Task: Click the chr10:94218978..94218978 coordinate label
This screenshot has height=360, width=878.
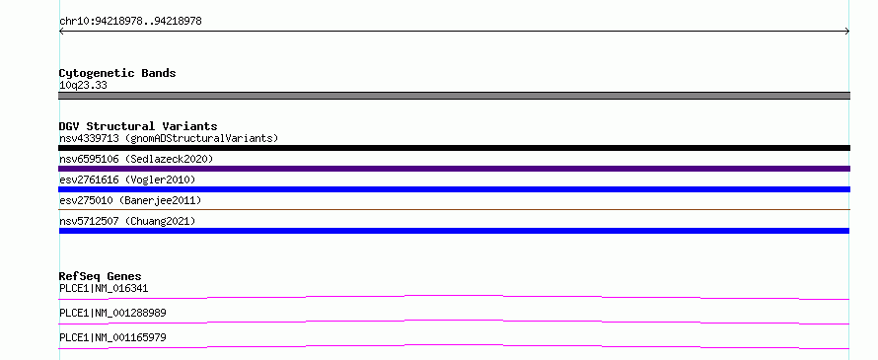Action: pos(130,22)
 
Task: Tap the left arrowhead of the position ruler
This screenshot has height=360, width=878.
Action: pos(61,32)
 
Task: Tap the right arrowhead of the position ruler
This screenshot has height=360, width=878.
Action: pos(847,32)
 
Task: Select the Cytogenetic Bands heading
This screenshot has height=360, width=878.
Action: pos(117,73)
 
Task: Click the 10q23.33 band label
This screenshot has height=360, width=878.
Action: pos(83,86)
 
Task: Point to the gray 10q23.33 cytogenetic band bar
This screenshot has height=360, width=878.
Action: pos(454,96)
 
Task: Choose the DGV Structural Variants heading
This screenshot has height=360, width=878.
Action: pos(138,126)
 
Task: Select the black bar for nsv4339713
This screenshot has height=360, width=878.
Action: pos(454,148)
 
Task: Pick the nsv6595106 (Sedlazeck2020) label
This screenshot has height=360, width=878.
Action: pos(136,159)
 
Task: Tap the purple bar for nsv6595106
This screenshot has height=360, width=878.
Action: pos(454,169)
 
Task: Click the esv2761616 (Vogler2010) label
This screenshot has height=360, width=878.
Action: pos(127,180)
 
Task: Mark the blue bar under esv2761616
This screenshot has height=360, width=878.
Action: pos(454,189)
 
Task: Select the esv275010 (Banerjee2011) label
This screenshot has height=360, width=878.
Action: pos(130,200)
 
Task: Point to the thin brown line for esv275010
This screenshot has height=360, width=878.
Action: pos(454,209)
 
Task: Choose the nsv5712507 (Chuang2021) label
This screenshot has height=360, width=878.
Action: pos(127,221)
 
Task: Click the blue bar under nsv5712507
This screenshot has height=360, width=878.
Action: pos(454,231)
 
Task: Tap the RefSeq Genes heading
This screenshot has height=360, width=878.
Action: pos(101,276)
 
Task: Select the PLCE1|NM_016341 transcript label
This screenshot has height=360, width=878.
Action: pos(104,289)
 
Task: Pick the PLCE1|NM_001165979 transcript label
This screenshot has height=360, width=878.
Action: pos(112,337)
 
